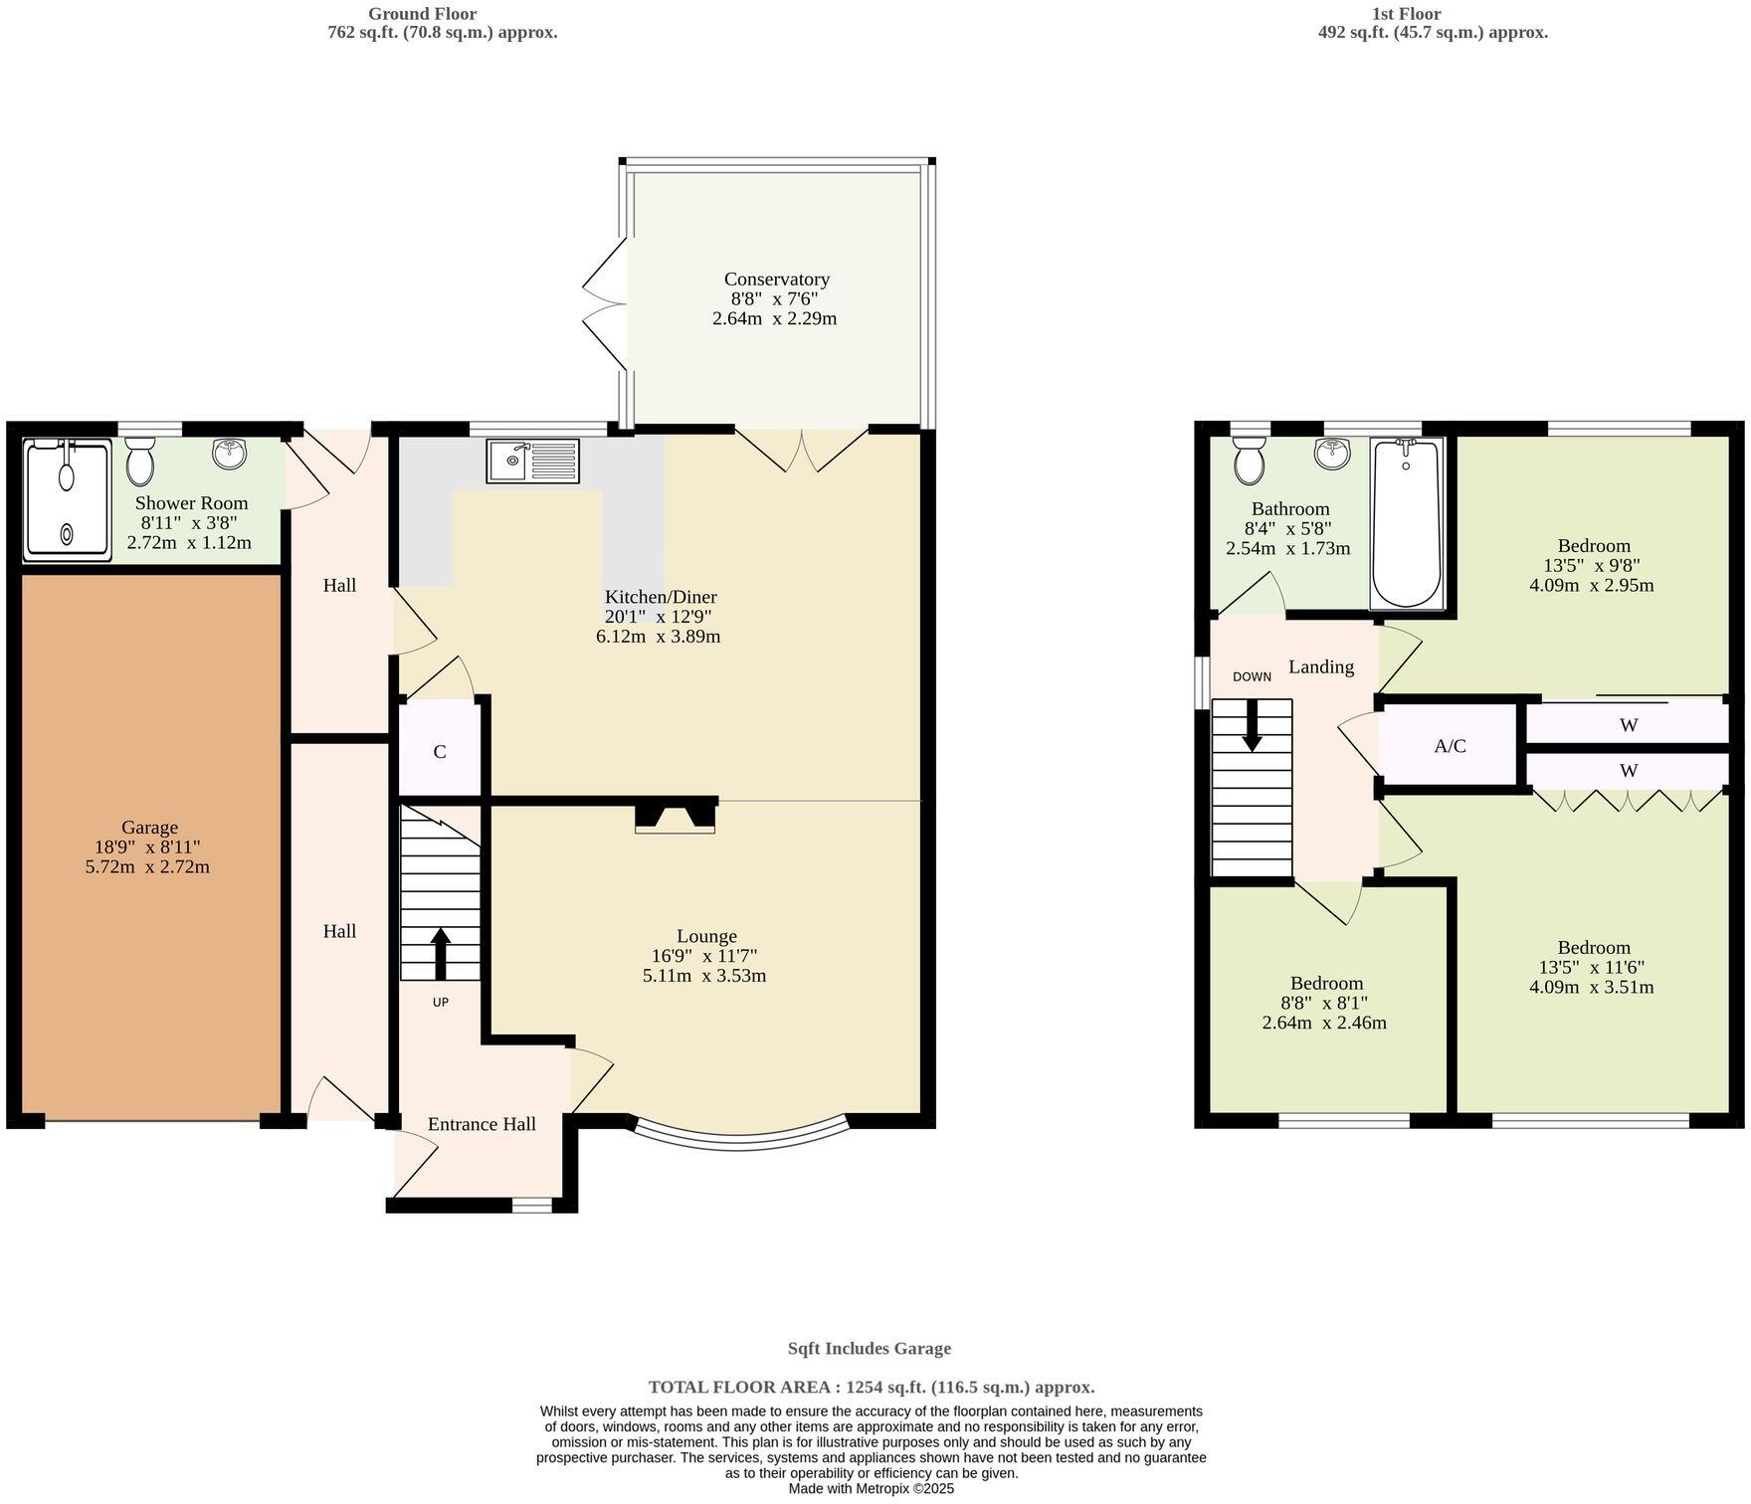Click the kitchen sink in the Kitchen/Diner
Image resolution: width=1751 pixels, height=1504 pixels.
pyautogui.click(x=532, y=462)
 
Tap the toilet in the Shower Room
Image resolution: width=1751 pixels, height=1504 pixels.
pyautogui.click(x=140, y=462)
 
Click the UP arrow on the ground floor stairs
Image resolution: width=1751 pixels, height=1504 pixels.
pyautogui.click(x=440, y=954)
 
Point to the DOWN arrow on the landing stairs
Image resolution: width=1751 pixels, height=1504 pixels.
pyautogui.click(x=1252, y=725)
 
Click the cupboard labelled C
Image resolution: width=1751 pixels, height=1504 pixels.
pyautogui.click(x=440, y=752)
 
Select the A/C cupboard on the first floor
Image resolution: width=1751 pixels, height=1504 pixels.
pyautogui.click(x=1450, y=746)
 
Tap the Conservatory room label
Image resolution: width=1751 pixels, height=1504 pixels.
pyautogui.click(x=776, y=280)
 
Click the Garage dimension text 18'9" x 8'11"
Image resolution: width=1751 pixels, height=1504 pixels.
pyautogui.click(x=148, y=847)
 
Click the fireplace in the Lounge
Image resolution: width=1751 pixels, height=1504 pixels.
pyautogui.click(x=676, y=817)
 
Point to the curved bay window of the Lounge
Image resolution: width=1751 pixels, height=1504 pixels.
pyautogui.click(x=739, y=1131)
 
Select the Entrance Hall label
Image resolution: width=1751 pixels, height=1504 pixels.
pyautogui.click(x=482, y=1124)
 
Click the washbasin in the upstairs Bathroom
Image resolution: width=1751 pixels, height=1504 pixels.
pyautogui.click(x=1331, y=454)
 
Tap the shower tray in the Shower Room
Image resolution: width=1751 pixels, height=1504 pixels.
pyautogui.click(x=68, y=500)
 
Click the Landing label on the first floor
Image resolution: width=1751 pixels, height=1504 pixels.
pyautogui.click(x=1320, y=666)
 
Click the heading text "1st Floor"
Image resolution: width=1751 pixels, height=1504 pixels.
pyautogui.click(x=1433, y=14)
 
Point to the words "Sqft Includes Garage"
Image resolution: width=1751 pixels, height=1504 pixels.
pyautogui.click(x=869, y=1349)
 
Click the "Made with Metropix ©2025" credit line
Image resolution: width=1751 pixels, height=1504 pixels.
pyautogui.click(x=871, y=1489)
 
